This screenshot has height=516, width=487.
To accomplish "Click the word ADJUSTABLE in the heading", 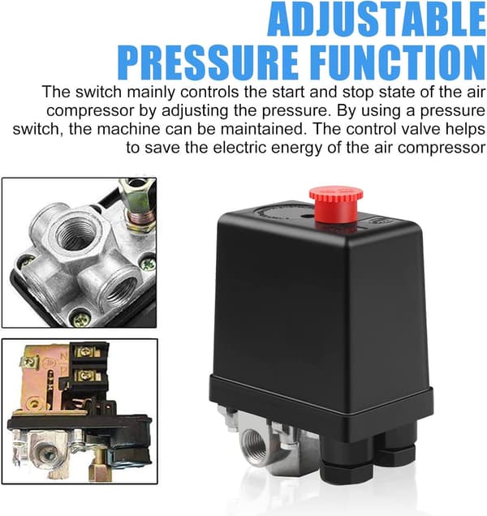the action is [377, 19].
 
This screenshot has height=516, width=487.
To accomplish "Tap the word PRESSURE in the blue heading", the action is [208, 63].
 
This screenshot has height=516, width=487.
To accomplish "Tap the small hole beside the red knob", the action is [309, 217].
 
